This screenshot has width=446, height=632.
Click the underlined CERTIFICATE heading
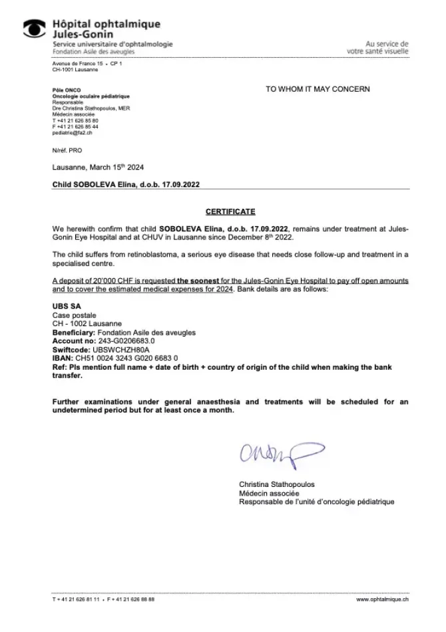tap(230, 212)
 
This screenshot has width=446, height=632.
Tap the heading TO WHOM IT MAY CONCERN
tap(318, 88)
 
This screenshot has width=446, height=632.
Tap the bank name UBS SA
tap(67, 306)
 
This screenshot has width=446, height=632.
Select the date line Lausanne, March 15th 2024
tap(98, 168)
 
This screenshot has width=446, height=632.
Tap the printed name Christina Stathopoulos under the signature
tap(277, 484)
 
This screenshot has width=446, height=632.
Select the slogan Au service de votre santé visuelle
tap(377, 48)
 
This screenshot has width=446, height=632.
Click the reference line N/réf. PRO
tap(67, 151)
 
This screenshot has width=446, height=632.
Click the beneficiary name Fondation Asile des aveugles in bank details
tap(147, 332)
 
